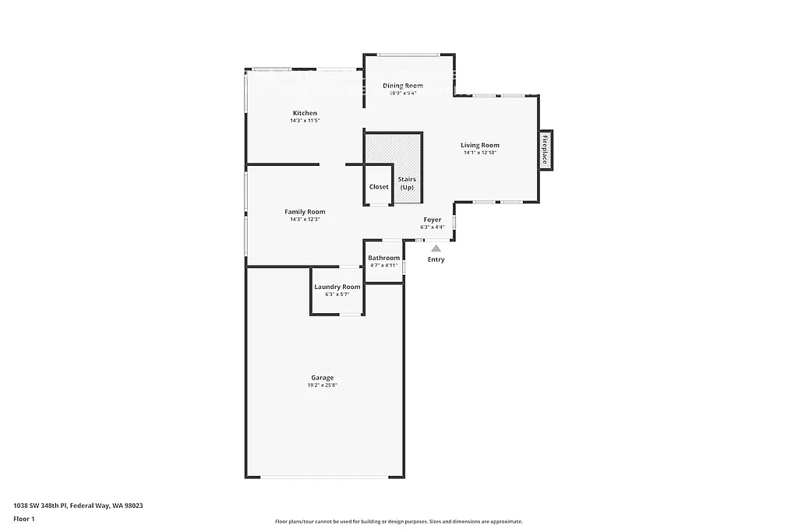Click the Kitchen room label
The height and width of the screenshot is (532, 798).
pyautogui.click(x=305, y=114)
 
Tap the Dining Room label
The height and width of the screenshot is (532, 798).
pyautogui.click(x=403, y=86)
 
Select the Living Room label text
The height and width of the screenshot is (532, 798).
pyautogui.click(x=479, y=145)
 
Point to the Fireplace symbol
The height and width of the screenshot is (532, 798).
pyautogui.click(x=545, y=150)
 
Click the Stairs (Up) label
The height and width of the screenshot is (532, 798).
pyautogui.click(x=407, y=183)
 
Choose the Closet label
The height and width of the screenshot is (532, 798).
pyautogui.click(x=379, y=187)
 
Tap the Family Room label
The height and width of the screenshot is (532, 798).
pyautogui.click(x=305, y=212)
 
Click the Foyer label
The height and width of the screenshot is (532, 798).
pyautogui.click(x=433, y=220)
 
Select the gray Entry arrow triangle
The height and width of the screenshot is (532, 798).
pyautogui.click(x=436, y=248)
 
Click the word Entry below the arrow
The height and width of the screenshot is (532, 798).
pyautogui.click(x=436, y=259)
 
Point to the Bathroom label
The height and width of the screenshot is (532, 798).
pyautogui.click(x=383, y=258)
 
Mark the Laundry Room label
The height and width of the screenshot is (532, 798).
pyautogui.click(x=337, y=287)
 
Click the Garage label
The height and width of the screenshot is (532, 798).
pyautogui.click(x=323, y=378)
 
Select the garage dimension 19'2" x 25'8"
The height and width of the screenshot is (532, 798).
pyautogui.click(x=323, y=386)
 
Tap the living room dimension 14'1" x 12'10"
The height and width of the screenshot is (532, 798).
pyautogui.click(x=479, y=153)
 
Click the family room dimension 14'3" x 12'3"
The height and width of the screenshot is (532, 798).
pyautogui.click(x=305, y=220)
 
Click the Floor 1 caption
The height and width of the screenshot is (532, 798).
pyautogui.click(x=24, y=518)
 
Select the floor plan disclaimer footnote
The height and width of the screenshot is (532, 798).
pyautogui.click(x=398, y=522)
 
